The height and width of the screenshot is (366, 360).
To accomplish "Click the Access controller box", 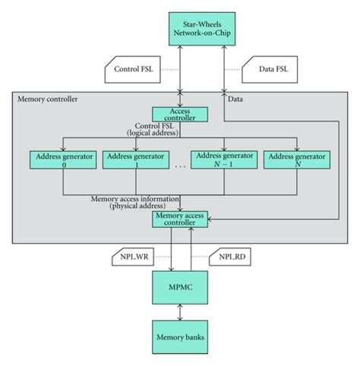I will click(180, 114).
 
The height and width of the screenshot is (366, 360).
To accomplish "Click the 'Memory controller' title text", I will click(45, 99).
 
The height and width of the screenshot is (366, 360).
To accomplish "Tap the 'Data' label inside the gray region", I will click(235, 99).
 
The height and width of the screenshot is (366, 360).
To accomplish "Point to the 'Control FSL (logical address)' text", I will click(153, 129).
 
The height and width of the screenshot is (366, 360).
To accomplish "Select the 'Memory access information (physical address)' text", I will click(135, 202).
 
